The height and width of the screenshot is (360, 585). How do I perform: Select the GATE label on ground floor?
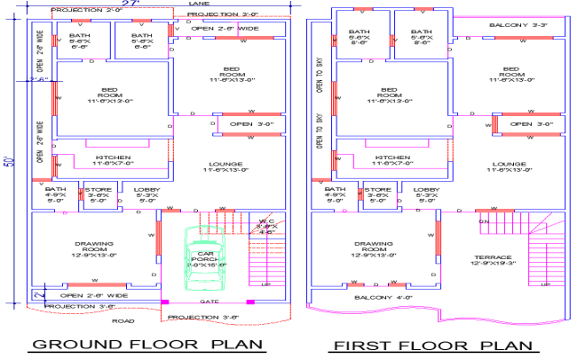pos(209,301)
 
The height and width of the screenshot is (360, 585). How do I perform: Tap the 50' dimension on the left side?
pos(9,162)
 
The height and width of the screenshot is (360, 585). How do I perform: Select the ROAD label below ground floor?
pos(123,320)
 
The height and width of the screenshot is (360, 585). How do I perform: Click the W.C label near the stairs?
pos(266,221)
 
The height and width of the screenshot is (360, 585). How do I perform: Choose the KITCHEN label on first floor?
pos(392,157)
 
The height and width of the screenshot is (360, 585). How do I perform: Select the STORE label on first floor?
pos(378,190)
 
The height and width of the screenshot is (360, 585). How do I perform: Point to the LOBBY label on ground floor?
pos(148,190)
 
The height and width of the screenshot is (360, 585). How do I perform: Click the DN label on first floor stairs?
pos(482,220)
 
